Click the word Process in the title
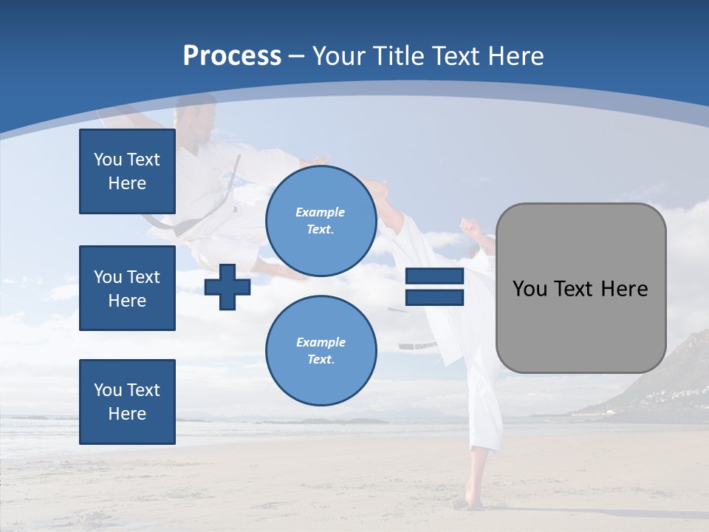click(232, 56)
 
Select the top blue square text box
click(127, 171)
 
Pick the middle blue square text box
click(127, 288)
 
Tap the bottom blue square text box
click(127, 402)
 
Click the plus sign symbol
click(227, 287)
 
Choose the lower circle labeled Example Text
click(321, 351)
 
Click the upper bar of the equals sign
click(434, 277)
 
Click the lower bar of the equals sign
click(434, 297)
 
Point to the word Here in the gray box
click(624, 288)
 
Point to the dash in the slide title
click(296, 57)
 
